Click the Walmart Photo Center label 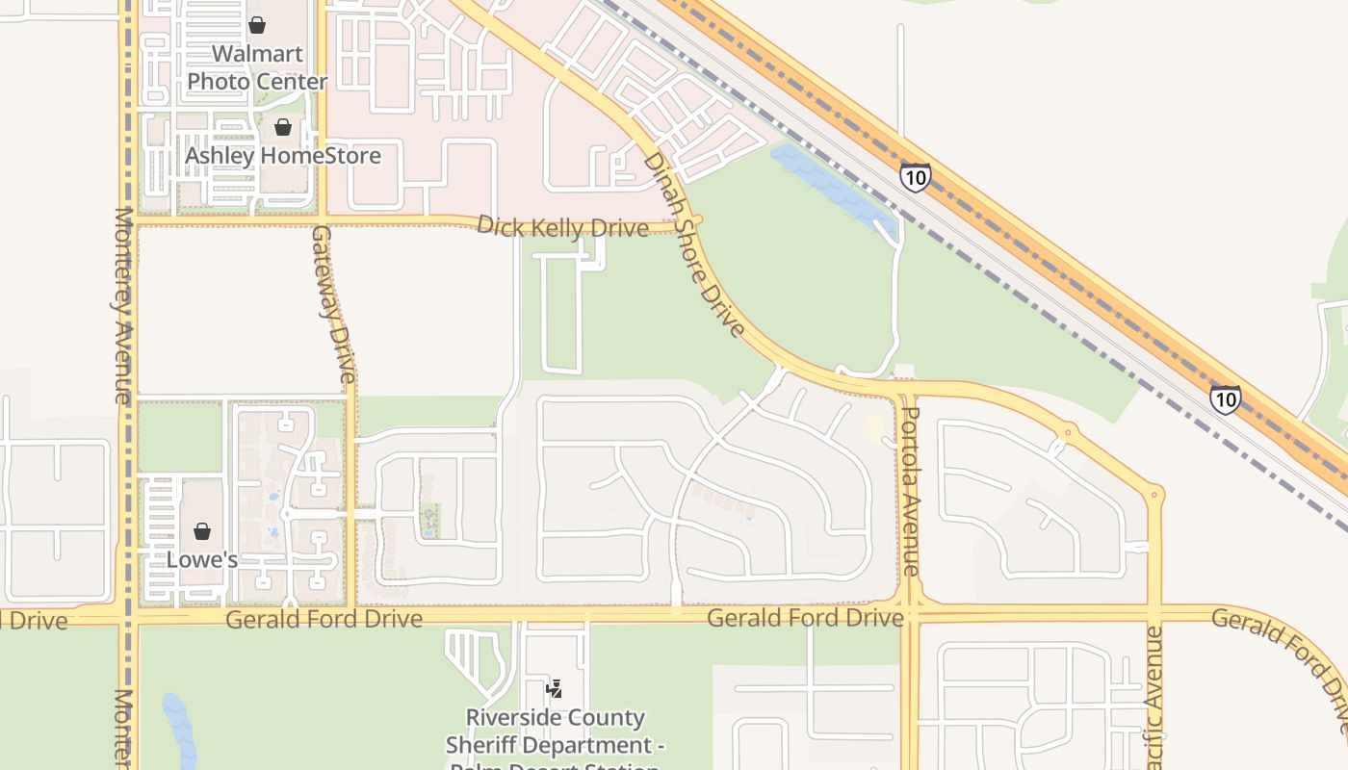click(257, 67)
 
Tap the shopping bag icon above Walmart click(257, 25)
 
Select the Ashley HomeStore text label click(282, 155)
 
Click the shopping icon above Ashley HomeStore click(283, 127)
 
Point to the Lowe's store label click(202, 559)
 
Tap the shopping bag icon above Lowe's click(202, 531)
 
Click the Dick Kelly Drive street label click(563, 227)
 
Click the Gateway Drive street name click(333, 303)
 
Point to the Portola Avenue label click(910, 491)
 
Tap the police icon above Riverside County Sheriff click(554, 689)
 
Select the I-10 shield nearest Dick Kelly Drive click(916, 177)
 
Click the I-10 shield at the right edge click(1225, 399)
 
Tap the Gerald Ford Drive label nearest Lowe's click(324, 619)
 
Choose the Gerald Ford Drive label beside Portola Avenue click(805, 618)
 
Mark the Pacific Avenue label click(1154, 698)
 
